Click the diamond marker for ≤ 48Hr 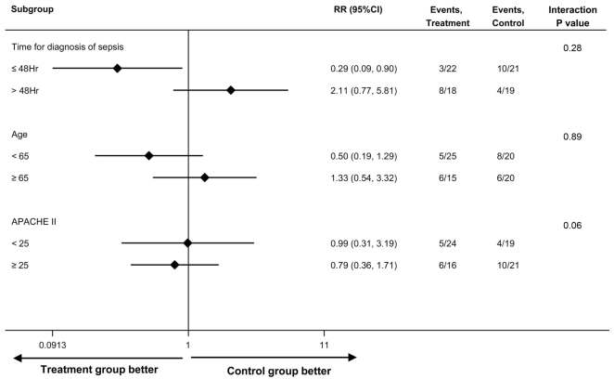pyautogui.click(x=117, y=68)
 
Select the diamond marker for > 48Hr pyautogui.click(x=231, y=90)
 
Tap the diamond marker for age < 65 pyautogui.click(x=148, y=155)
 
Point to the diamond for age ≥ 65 pyautogui.click(x=205, y=176)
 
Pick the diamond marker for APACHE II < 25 pyautogui.click(x=187, y=243)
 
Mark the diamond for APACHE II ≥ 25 pyautogui.click(x=174, y=265)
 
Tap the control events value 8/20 pyautogui.click(x=502, y=156)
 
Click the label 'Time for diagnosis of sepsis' pyautogui.click(x=66, y=47)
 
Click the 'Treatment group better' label pyautogui.click(x=84, y=370)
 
